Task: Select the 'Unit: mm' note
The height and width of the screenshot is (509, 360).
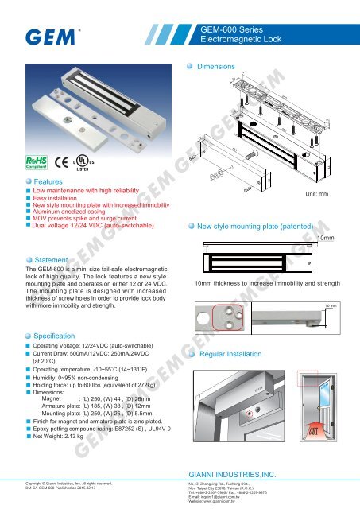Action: (323, 192)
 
